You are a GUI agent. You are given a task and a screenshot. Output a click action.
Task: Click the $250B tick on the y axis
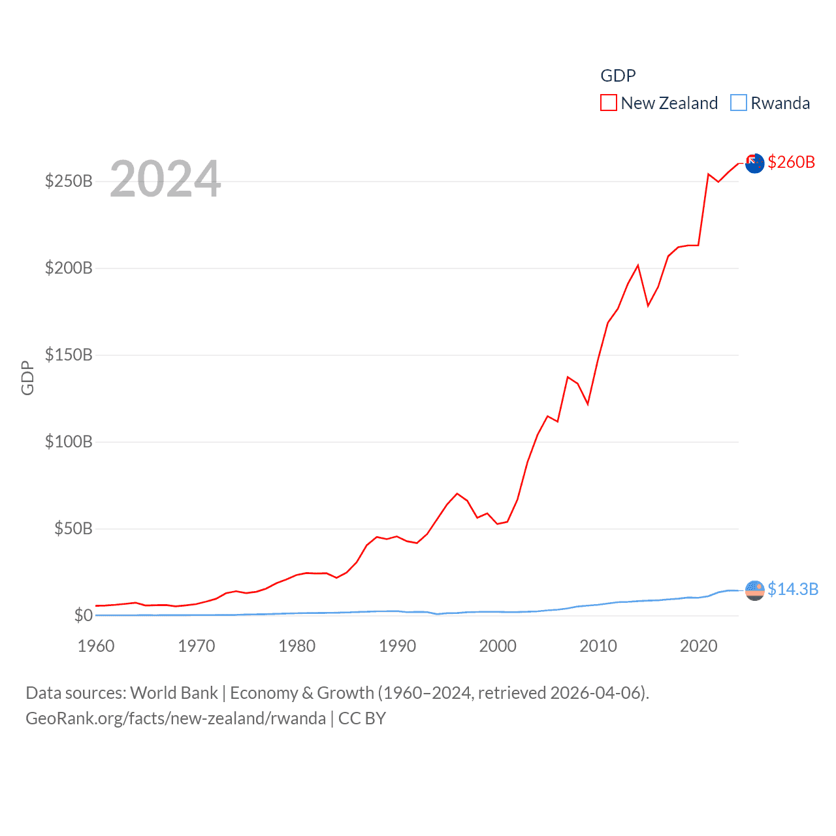(x=69, y=181)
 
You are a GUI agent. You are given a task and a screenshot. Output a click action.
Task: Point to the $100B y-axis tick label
(x=69, y=442)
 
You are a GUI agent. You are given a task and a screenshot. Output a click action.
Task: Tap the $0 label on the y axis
(x=83, y=615)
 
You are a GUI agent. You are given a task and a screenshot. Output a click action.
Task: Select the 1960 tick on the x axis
(x=96, y=646)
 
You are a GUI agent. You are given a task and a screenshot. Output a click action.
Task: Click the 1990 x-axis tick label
(x=397, y=646)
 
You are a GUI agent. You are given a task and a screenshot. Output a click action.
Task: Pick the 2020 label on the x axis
(x=698, y=646)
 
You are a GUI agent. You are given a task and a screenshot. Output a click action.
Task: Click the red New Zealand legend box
(x=609, y=103)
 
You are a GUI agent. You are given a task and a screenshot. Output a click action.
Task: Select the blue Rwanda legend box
(x=738, y=103)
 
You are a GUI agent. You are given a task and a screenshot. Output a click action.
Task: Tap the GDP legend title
(x=618, y=76)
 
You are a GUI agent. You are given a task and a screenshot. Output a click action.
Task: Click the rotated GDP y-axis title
(x=27, y=378)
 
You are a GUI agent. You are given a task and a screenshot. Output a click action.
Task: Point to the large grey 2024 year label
(x=165, y=179)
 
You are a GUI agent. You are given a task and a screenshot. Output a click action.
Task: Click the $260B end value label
(x=791, y=162)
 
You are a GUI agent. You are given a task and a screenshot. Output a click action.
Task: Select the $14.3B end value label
(x=792, y=589)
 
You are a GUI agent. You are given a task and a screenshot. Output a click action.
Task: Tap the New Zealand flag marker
(x=754, y=163)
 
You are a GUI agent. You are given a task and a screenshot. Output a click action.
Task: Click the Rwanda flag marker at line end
(x=754, y=590)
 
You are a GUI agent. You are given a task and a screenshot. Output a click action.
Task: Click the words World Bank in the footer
(x=174, y=693)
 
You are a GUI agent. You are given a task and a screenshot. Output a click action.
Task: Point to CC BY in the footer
(x=362, y=718)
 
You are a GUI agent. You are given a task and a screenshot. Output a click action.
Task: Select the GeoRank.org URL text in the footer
(x=176, y=718)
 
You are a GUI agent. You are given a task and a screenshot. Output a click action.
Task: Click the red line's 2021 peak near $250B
(x=709, y=174)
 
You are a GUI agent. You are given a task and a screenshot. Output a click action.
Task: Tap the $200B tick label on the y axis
(x=69, y=268)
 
